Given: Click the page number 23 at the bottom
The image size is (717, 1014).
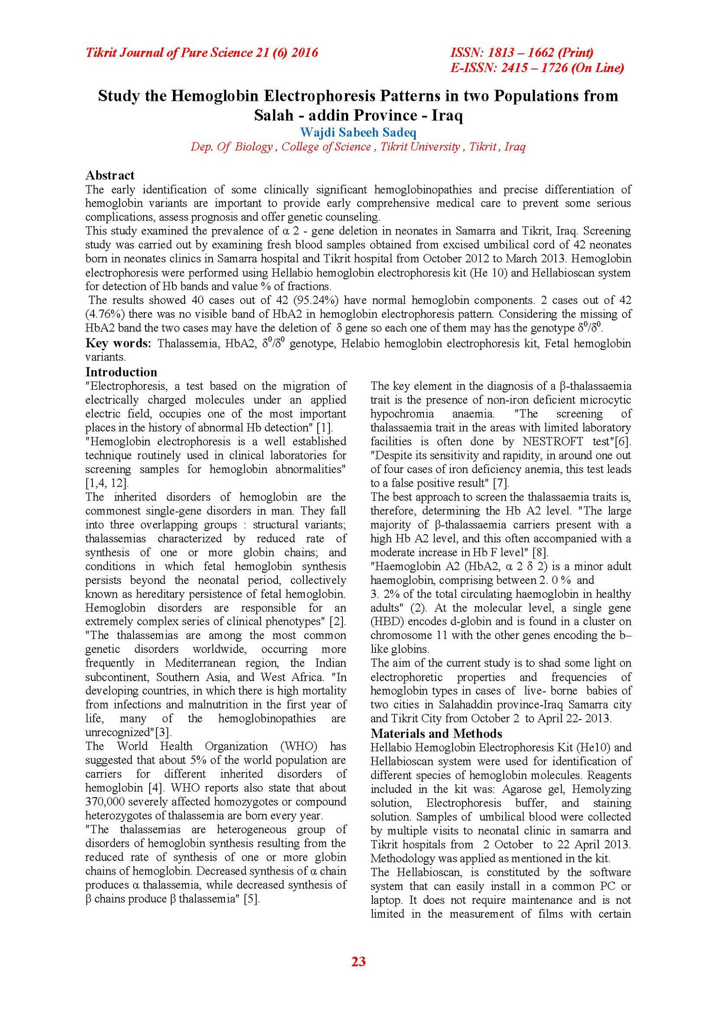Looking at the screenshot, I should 358,961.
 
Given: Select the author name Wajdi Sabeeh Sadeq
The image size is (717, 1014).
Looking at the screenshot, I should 358,133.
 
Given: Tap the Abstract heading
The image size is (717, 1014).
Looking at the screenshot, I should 110,175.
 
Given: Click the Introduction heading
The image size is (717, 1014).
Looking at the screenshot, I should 121,372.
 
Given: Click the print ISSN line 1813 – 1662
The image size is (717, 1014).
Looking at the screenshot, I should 522,53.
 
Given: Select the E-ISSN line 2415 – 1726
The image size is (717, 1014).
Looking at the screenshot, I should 537,68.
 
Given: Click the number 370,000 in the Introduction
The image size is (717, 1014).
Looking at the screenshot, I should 107,802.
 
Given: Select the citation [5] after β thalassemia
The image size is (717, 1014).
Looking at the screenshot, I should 251,899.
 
